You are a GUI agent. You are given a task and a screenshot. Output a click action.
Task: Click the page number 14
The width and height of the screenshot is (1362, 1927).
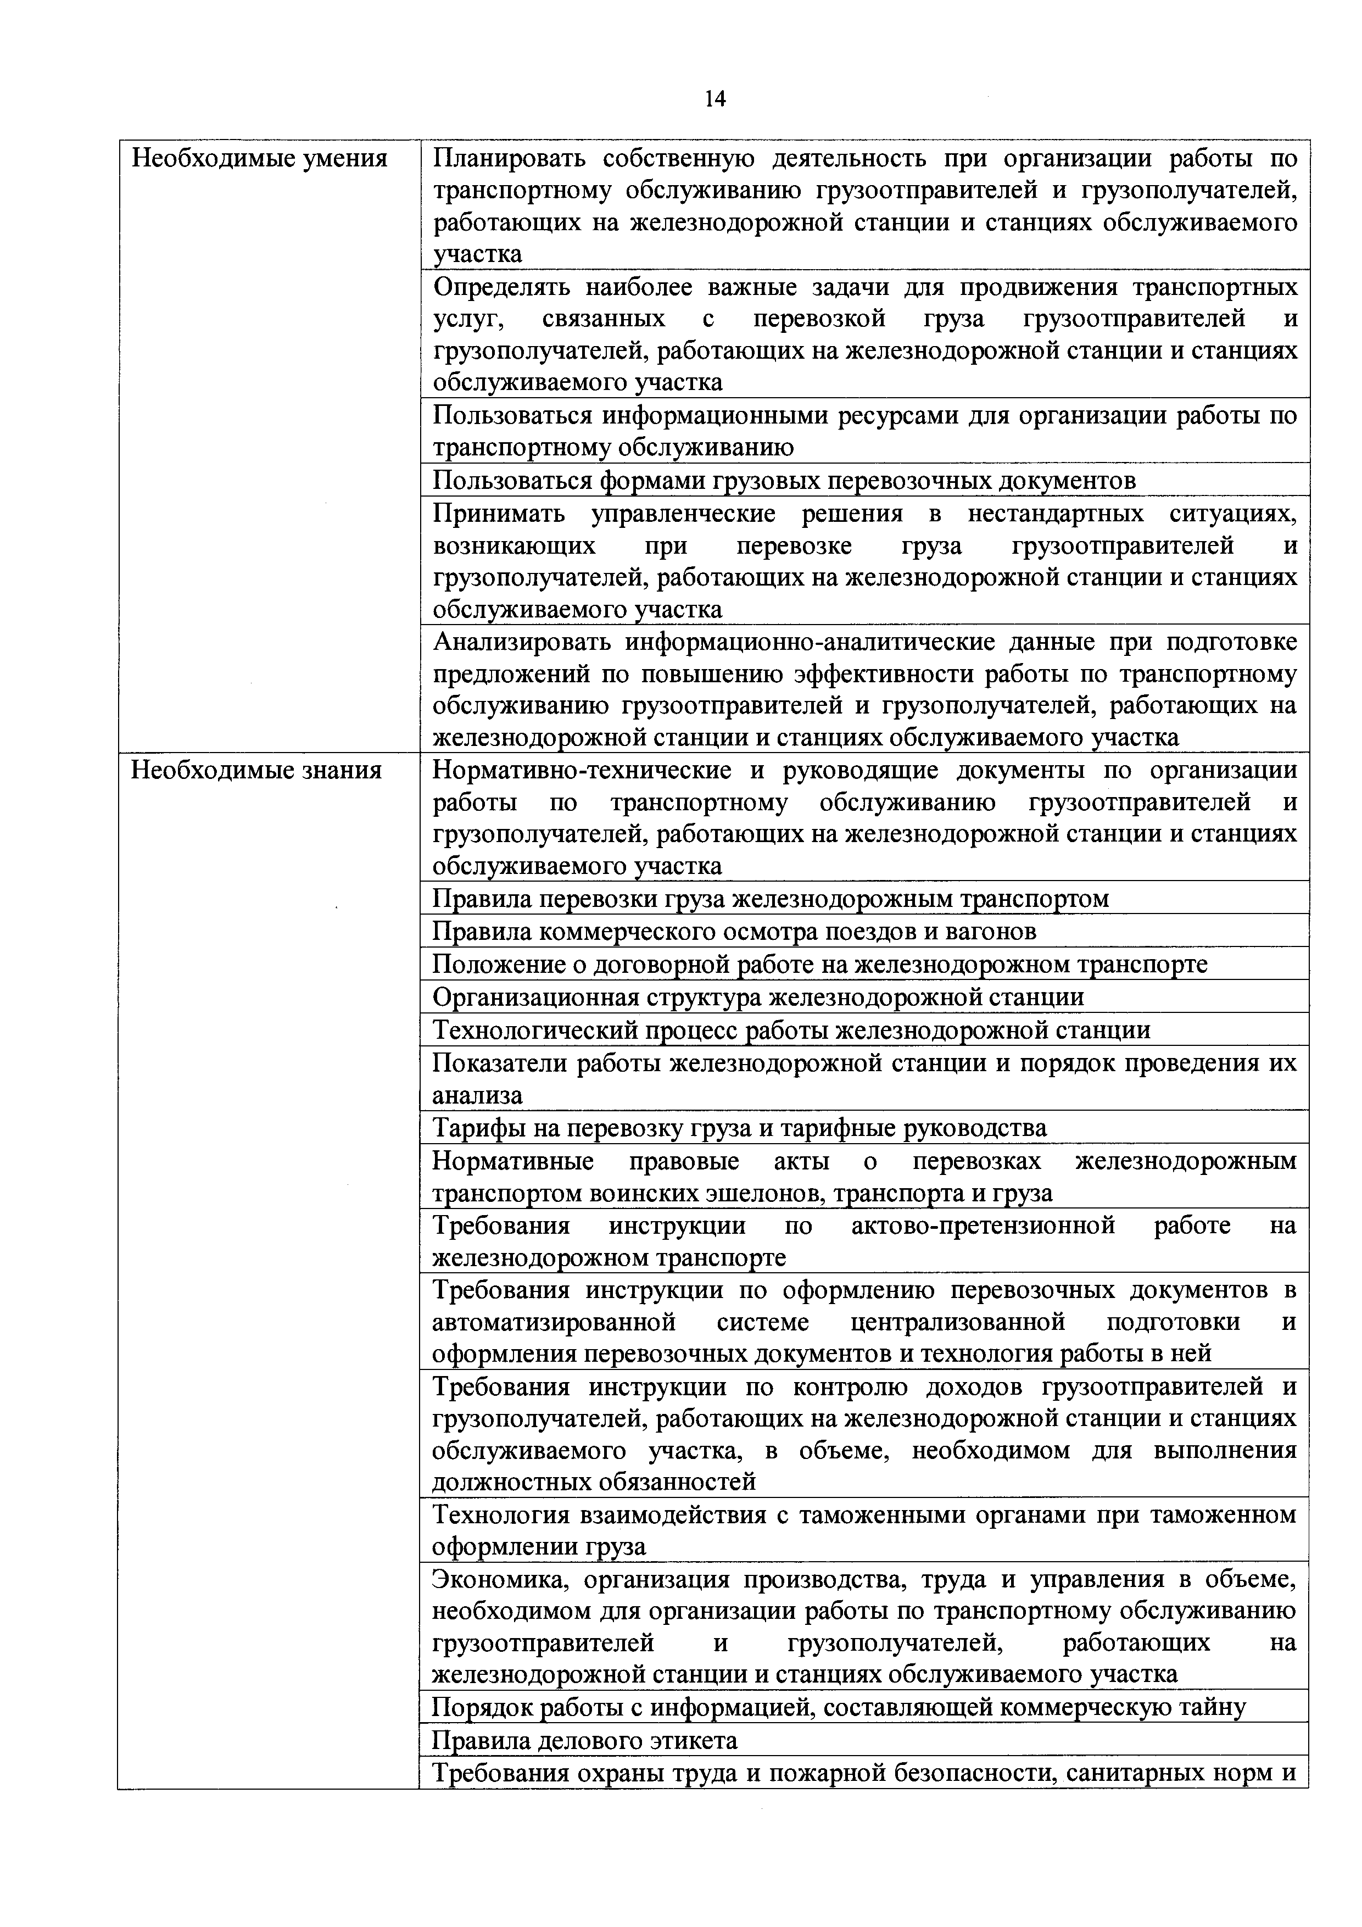(715, 99)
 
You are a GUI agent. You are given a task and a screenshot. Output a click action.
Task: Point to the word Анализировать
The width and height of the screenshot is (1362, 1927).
(520, 642)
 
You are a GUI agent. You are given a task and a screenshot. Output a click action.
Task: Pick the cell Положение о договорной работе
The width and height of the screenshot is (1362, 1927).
(819, 965)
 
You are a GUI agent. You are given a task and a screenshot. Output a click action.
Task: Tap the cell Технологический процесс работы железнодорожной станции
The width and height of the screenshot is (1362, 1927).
(790, 1030)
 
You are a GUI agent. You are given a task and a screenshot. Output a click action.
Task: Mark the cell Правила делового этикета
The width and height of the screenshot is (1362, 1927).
(584, 1741)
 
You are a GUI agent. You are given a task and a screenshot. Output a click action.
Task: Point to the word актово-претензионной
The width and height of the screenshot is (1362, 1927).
(983, 1226)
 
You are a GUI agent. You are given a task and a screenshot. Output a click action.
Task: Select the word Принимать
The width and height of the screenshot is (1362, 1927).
(500, 514)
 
